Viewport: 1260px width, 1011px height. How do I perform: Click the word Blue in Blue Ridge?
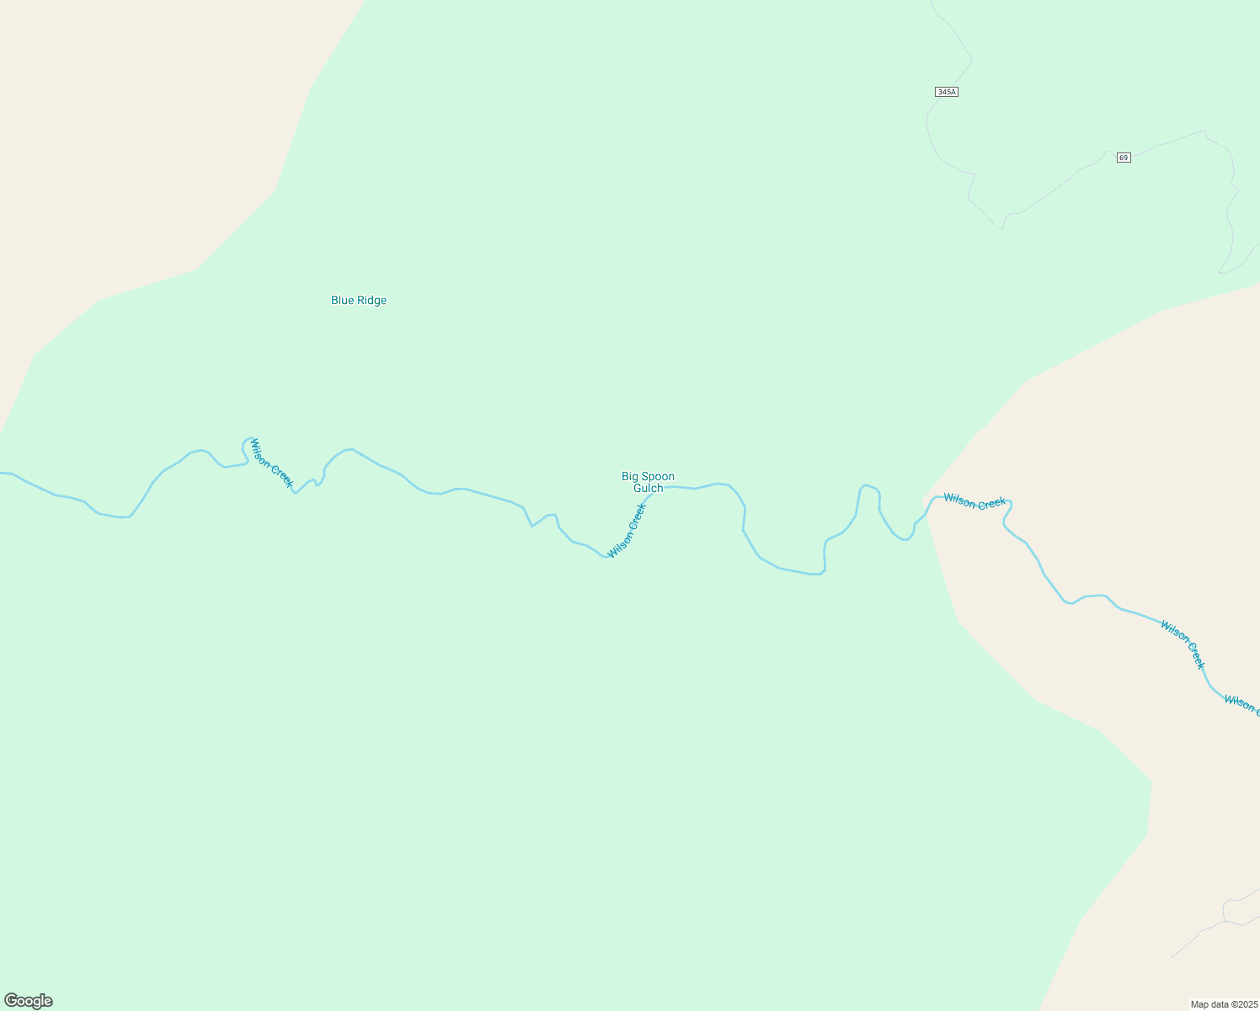tap(342, 301)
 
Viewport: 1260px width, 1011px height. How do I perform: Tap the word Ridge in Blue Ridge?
tap(371, 301)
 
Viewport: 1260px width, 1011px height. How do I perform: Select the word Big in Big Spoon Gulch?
tap(630, 477)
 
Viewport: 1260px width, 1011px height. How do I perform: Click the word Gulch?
tap(649, 489)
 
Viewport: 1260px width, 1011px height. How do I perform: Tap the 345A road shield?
tap(946, 92)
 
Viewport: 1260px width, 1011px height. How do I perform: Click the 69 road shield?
tap(1124, 158)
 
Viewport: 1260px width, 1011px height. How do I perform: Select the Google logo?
tap(29, 1001)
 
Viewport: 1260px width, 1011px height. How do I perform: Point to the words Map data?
tap(1209, 1004)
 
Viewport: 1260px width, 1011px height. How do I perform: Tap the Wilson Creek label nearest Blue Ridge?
tap(271, 463)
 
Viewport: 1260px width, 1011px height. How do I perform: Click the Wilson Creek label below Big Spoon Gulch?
tap(627, 530)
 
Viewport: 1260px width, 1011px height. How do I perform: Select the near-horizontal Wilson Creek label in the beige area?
tap(974, 502)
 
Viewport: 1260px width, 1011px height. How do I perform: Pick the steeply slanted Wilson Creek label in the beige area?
tap(1183, 645)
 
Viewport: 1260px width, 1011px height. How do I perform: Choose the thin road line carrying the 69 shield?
tap(1053, 190)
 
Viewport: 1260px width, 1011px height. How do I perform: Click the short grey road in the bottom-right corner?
tap(1213, 927)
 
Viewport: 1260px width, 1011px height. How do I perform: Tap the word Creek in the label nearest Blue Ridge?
tap(282, 474)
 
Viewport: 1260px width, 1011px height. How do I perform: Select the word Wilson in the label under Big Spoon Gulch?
tap(620, 543)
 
